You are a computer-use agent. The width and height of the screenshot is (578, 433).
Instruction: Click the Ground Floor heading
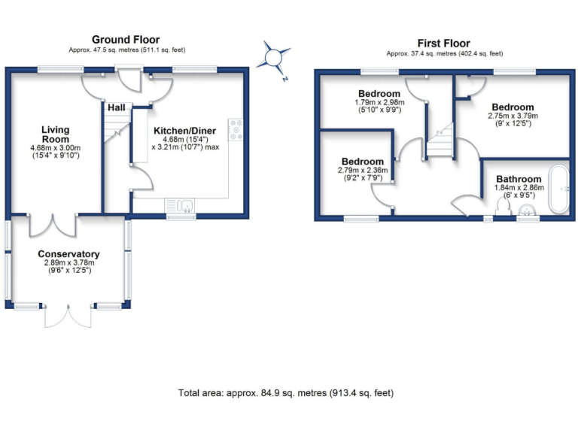[x=126, y=40]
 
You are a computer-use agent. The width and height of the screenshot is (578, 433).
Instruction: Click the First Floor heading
[x=443, y=44]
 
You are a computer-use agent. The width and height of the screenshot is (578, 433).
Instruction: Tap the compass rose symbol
[x=275, y=57]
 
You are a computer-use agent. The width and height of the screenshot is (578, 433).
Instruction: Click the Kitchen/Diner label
[x=184, y=131]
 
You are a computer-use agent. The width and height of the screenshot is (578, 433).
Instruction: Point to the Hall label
[x=117, y=108]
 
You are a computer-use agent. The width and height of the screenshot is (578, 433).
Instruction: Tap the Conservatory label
[x=68, y=254]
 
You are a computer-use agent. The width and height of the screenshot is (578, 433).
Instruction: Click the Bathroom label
[x=518, y=180]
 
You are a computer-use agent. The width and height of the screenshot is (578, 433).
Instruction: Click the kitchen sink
[x=180, y=205]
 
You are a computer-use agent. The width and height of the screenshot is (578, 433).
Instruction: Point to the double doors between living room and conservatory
[x=53, y=224]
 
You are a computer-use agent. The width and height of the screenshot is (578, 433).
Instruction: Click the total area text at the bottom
[x=285, y=393]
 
